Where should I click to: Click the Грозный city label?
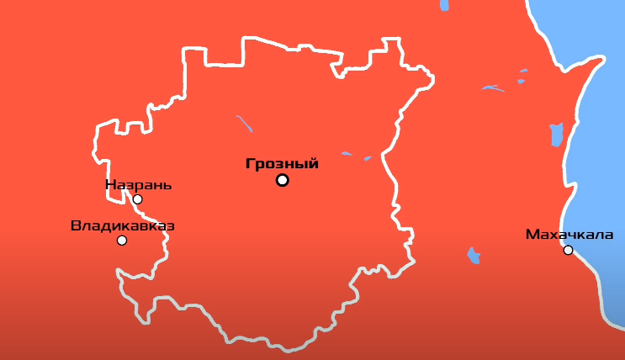click(282, 164)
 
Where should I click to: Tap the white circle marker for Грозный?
click(282, 180)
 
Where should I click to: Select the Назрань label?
click(139, 185)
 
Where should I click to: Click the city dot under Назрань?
click(137, 199)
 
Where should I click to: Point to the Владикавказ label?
click(123, 225)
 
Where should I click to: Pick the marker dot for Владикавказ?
click(122, 241)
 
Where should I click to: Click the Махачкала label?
click(569, 234)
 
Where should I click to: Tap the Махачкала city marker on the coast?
click(568, 250)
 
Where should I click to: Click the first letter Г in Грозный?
click(250, 164)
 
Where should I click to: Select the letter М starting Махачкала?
click(531, 234)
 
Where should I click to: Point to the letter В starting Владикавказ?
click(76, 225)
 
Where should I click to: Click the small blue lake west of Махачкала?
click(474, 256)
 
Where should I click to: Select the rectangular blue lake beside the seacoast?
click(556, 134)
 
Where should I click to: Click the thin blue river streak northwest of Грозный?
click(245, 124)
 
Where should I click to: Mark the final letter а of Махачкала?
click(608, 234)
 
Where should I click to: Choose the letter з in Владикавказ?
click(169, 225)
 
